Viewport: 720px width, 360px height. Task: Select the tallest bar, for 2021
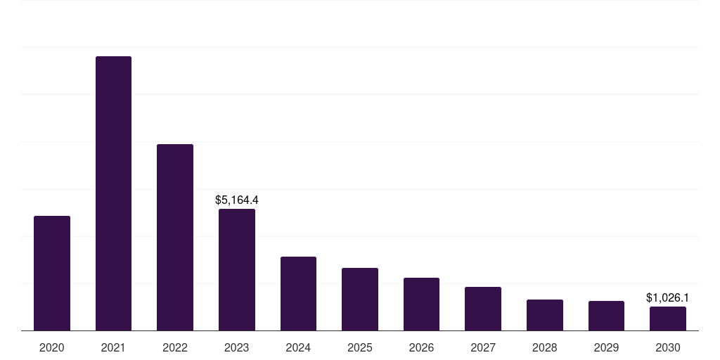[x=113, y=193]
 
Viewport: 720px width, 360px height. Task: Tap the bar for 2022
[x=175, y=237]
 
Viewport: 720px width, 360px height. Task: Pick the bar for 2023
[x=237, y=269]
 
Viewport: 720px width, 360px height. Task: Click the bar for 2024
[x=298, y=293]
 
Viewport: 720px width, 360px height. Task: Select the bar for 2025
[x=360, y=299]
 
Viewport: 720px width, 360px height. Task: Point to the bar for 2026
[x=421, y=304]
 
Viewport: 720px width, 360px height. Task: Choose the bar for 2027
[x=483, y=309]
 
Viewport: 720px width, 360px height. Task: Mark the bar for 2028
[x=545, y=315]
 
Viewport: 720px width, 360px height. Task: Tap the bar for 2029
[x=606, y=316]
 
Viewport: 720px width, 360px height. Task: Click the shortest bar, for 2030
[x=668, y=319]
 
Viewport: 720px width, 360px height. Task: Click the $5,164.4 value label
[x=237, y=200]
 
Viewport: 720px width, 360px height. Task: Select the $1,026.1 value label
[x=667, y=298]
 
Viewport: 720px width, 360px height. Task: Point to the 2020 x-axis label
[x=52, y=347]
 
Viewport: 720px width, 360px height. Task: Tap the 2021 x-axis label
[x=113, y=347]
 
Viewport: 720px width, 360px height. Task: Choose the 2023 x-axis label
[x=237, y=347]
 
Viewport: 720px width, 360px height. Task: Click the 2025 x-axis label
[x=360, y=347]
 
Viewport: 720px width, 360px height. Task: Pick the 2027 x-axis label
[x=483, y=347]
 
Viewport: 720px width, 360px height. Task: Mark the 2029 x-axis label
[x=606, y=347]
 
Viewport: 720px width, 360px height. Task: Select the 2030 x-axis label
[x=668, y=347]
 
